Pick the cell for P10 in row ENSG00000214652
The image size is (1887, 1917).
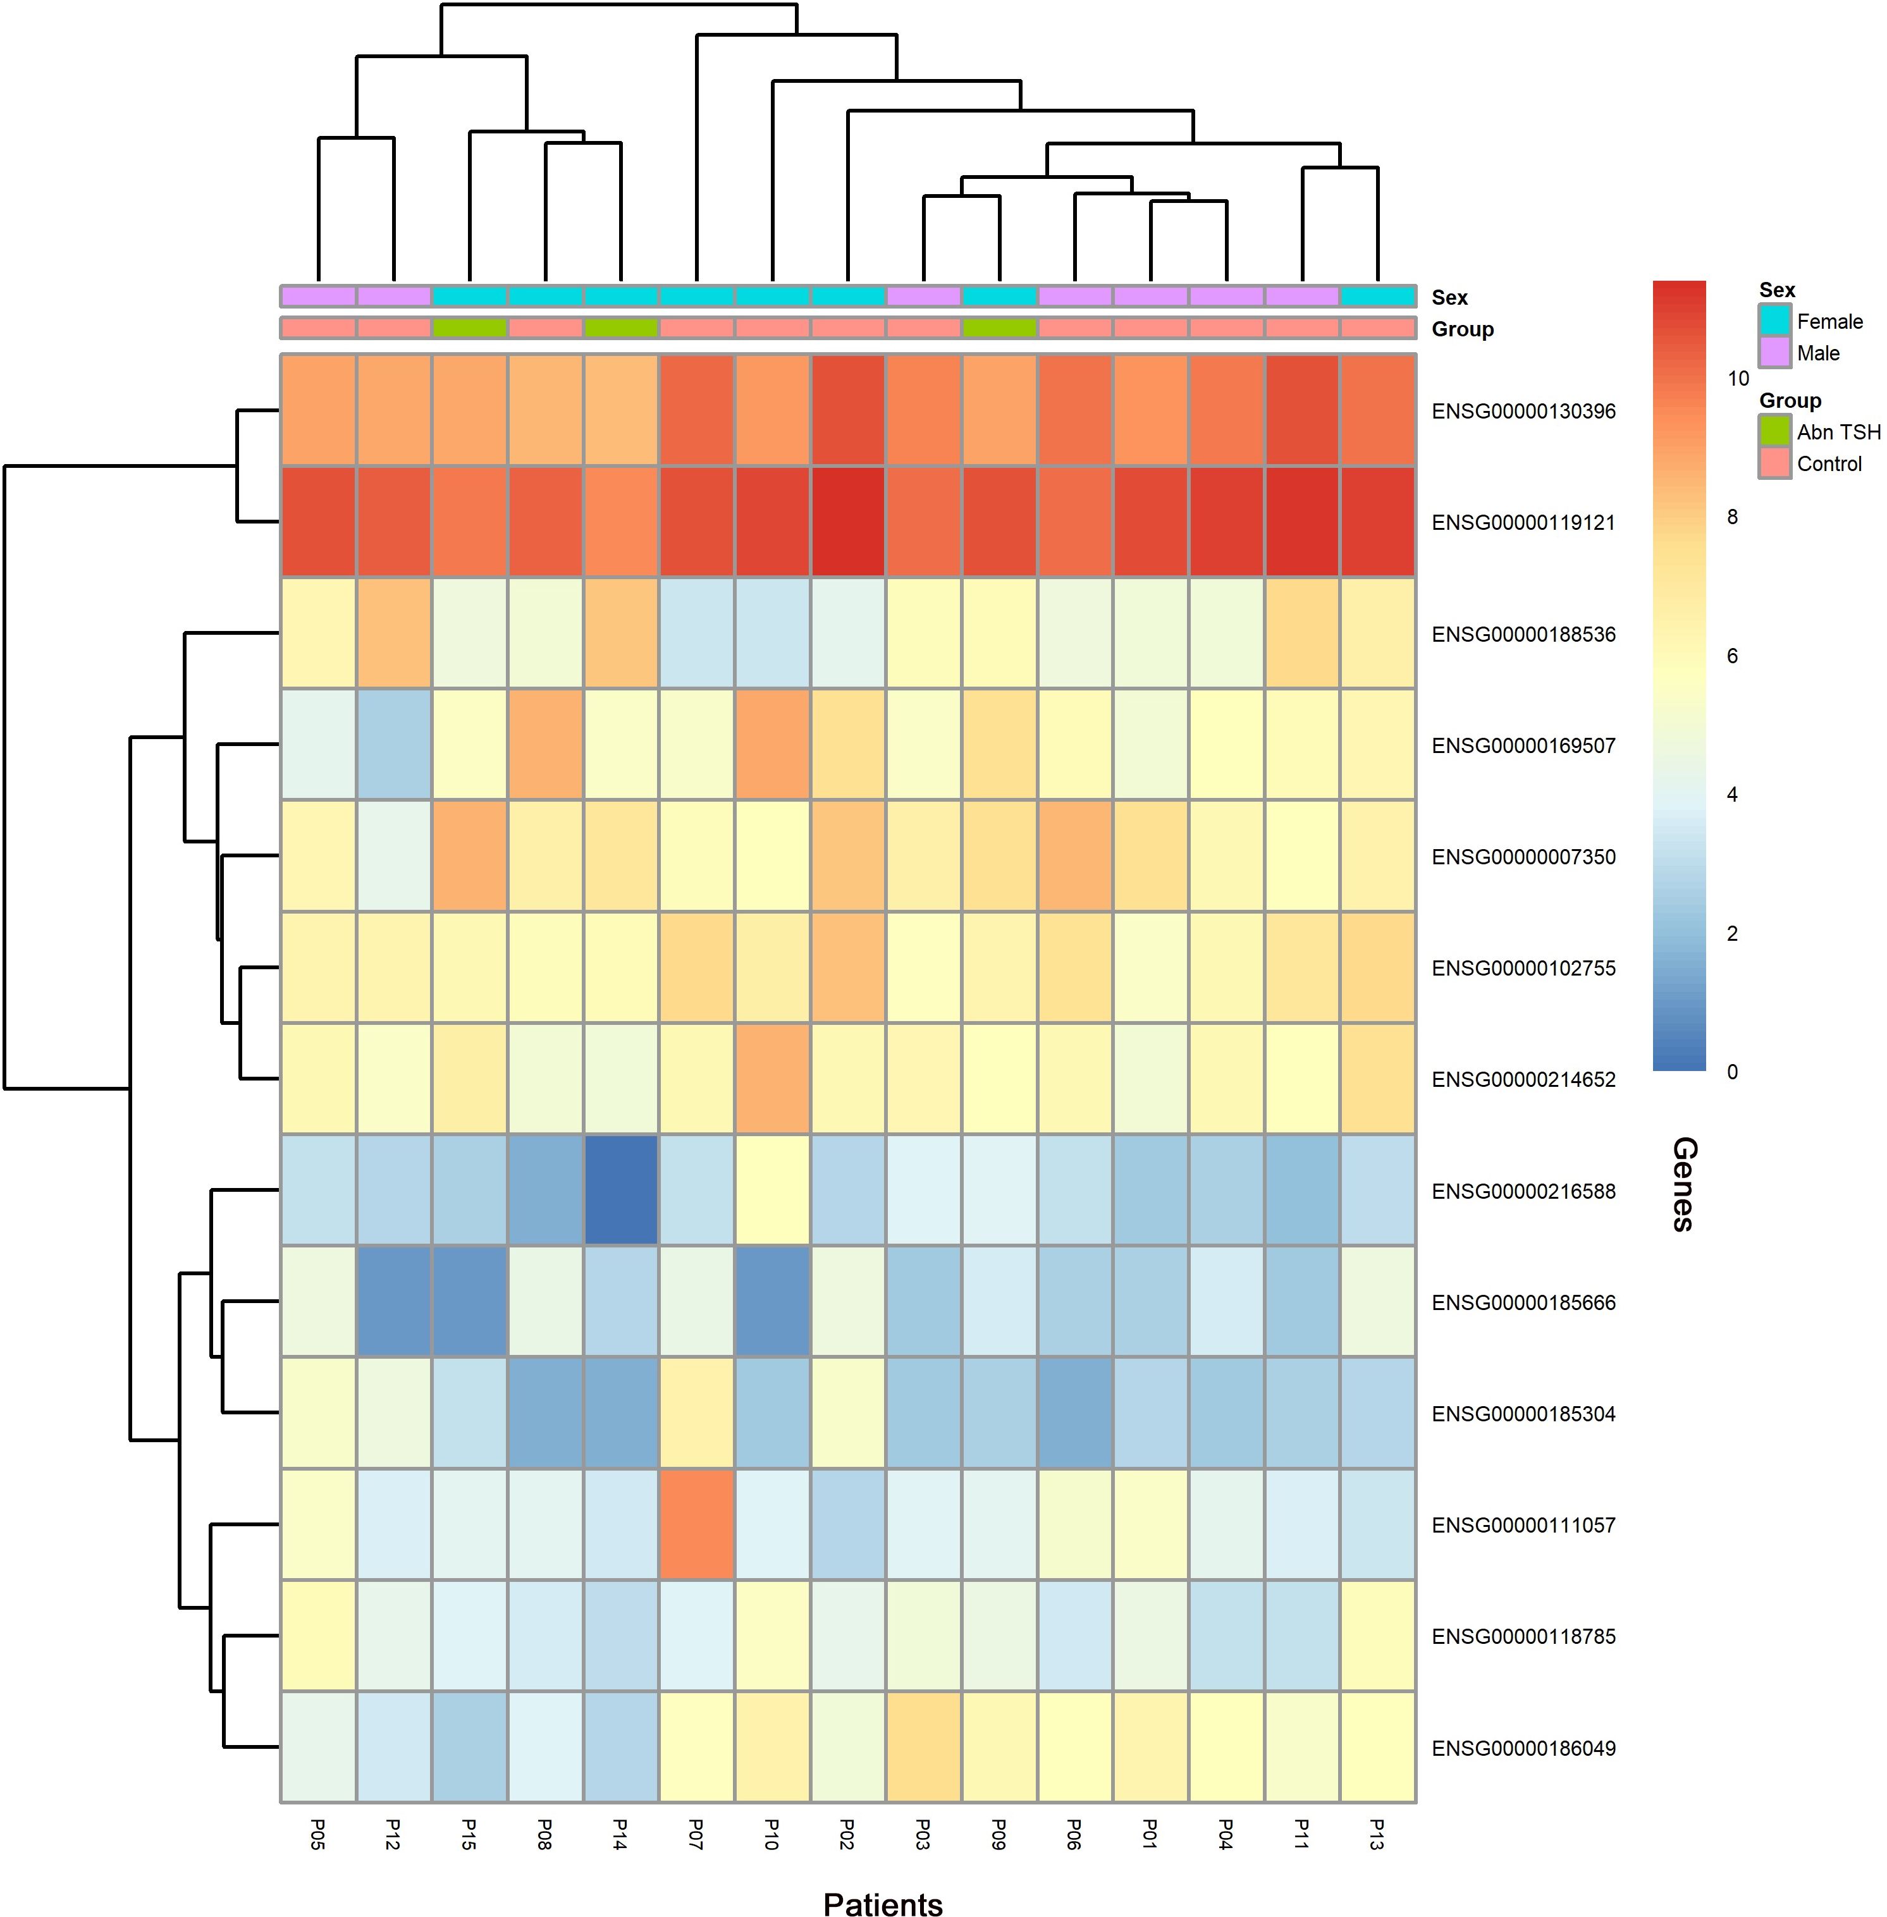pyautogui.click(x=772, y=1078)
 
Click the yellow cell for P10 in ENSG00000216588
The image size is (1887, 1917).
pyautogui.click(x=772, y=1190)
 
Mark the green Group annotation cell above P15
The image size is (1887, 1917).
pyautogui.click(x=470, y=328)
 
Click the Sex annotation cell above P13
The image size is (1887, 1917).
pyautogui.click(x=1377, y=297)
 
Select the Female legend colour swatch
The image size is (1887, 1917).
pyautogui.click(x=1775, y=320)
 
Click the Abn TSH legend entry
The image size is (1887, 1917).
pyautogui.click(x=1838, y=432)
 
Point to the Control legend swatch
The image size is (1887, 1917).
pyautogui.click(x=1775, y=463)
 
